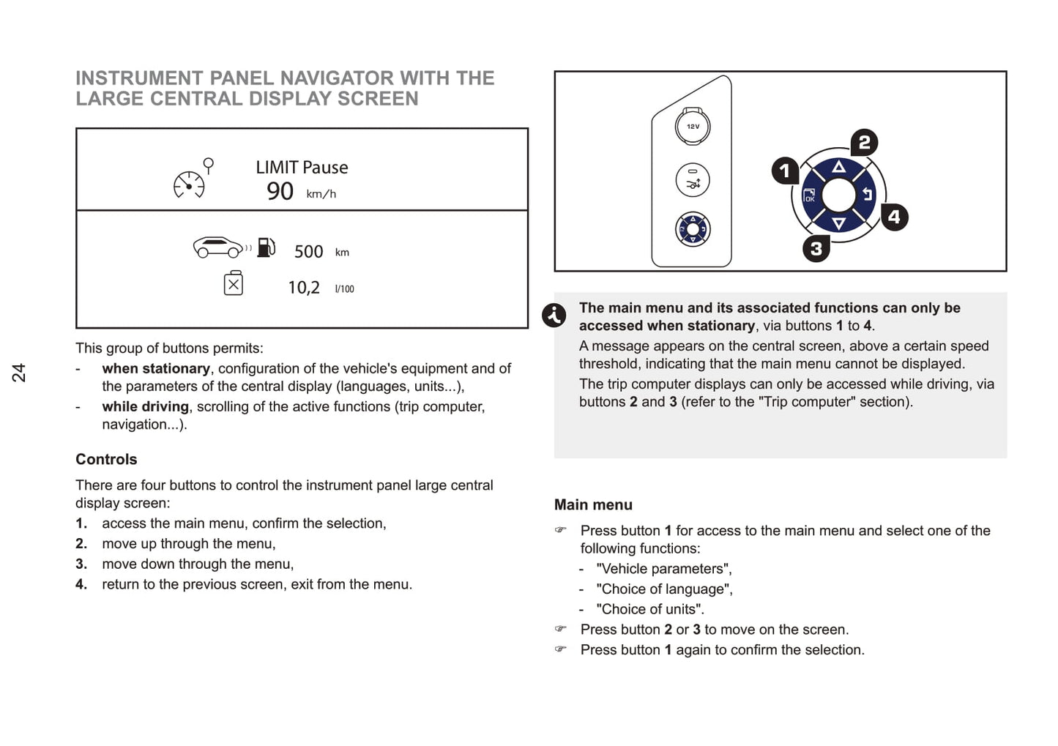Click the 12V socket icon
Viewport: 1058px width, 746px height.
click(693, 127)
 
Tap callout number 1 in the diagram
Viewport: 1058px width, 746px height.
click(785, 171)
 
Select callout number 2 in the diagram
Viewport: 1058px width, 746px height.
click(864, 142)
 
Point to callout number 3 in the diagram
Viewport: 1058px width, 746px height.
click(816, 249)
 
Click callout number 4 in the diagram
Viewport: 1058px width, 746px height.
click(893, 217)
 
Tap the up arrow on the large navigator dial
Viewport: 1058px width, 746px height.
click(839, 168)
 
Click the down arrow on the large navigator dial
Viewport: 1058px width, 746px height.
click(839, 223)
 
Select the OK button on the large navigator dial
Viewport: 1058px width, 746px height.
click(809, 195)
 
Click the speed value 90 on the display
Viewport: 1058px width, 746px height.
click(280, 192)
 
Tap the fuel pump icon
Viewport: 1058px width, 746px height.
click(267, 247)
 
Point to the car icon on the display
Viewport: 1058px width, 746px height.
click(217, 247)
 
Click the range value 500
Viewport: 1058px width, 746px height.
click(308, 252)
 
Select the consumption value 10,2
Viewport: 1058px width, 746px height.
click(303, 288)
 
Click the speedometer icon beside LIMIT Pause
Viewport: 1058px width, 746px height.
click(190, 184)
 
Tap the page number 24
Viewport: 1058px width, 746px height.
click(18, 372)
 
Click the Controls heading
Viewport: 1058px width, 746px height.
click(106, 459)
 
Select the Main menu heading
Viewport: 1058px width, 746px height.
click(593, 504)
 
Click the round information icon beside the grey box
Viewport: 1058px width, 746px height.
click(554, 316)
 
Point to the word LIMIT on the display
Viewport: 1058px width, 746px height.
click(277, 168)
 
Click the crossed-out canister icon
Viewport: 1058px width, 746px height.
click(234, 283)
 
